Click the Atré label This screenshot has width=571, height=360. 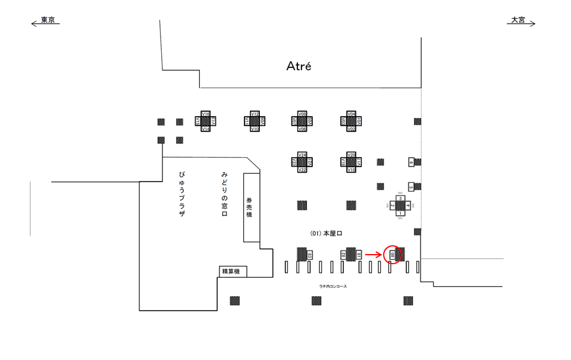299,66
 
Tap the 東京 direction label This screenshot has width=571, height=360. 48,20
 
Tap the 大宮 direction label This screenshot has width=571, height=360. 517,20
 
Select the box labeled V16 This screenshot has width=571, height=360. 206,114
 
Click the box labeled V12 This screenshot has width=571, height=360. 255,114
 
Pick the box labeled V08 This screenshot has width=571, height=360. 302,114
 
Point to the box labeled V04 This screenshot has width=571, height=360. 352,114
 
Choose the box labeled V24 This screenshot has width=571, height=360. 302,155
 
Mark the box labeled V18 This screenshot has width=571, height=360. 352,170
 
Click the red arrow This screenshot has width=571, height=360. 373,255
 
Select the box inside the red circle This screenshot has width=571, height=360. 393,255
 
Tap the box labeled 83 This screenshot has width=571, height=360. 310,255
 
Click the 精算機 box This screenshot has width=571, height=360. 231,271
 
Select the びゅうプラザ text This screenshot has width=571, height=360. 181,193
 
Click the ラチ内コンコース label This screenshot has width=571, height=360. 333,287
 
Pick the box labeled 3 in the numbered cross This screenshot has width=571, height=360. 401,199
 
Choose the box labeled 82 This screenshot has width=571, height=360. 343,255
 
